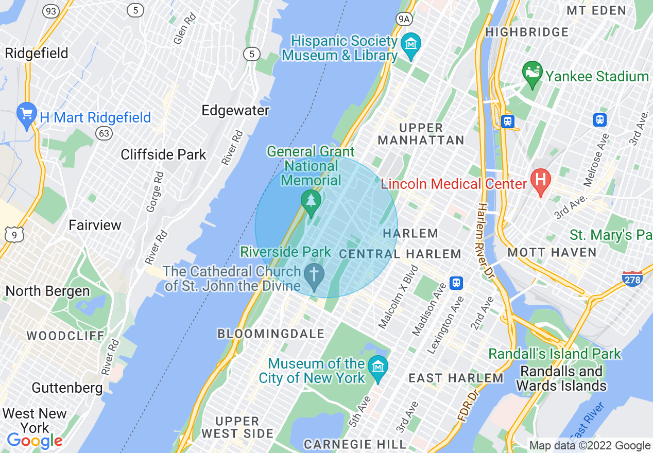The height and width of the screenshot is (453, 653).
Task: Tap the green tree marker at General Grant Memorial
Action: [x=311, y=201]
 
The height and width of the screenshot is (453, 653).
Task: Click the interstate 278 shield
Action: [x=632, y=279]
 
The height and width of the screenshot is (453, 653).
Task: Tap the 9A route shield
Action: [x=404, y=19]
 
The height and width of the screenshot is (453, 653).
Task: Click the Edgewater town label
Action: [x=235, y=111]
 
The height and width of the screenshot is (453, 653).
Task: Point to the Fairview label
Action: [x=95, y=225]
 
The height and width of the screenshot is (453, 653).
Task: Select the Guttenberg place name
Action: [x=67, y=387]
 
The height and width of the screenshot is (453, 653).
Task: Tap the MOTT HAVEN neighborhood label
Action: [x=552, y=252]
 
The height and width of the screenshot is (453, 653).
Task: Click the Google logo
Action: [x=35, y=441]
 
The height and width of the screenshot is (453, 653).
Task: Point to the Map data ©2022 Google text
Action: [x=590, y=446]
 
